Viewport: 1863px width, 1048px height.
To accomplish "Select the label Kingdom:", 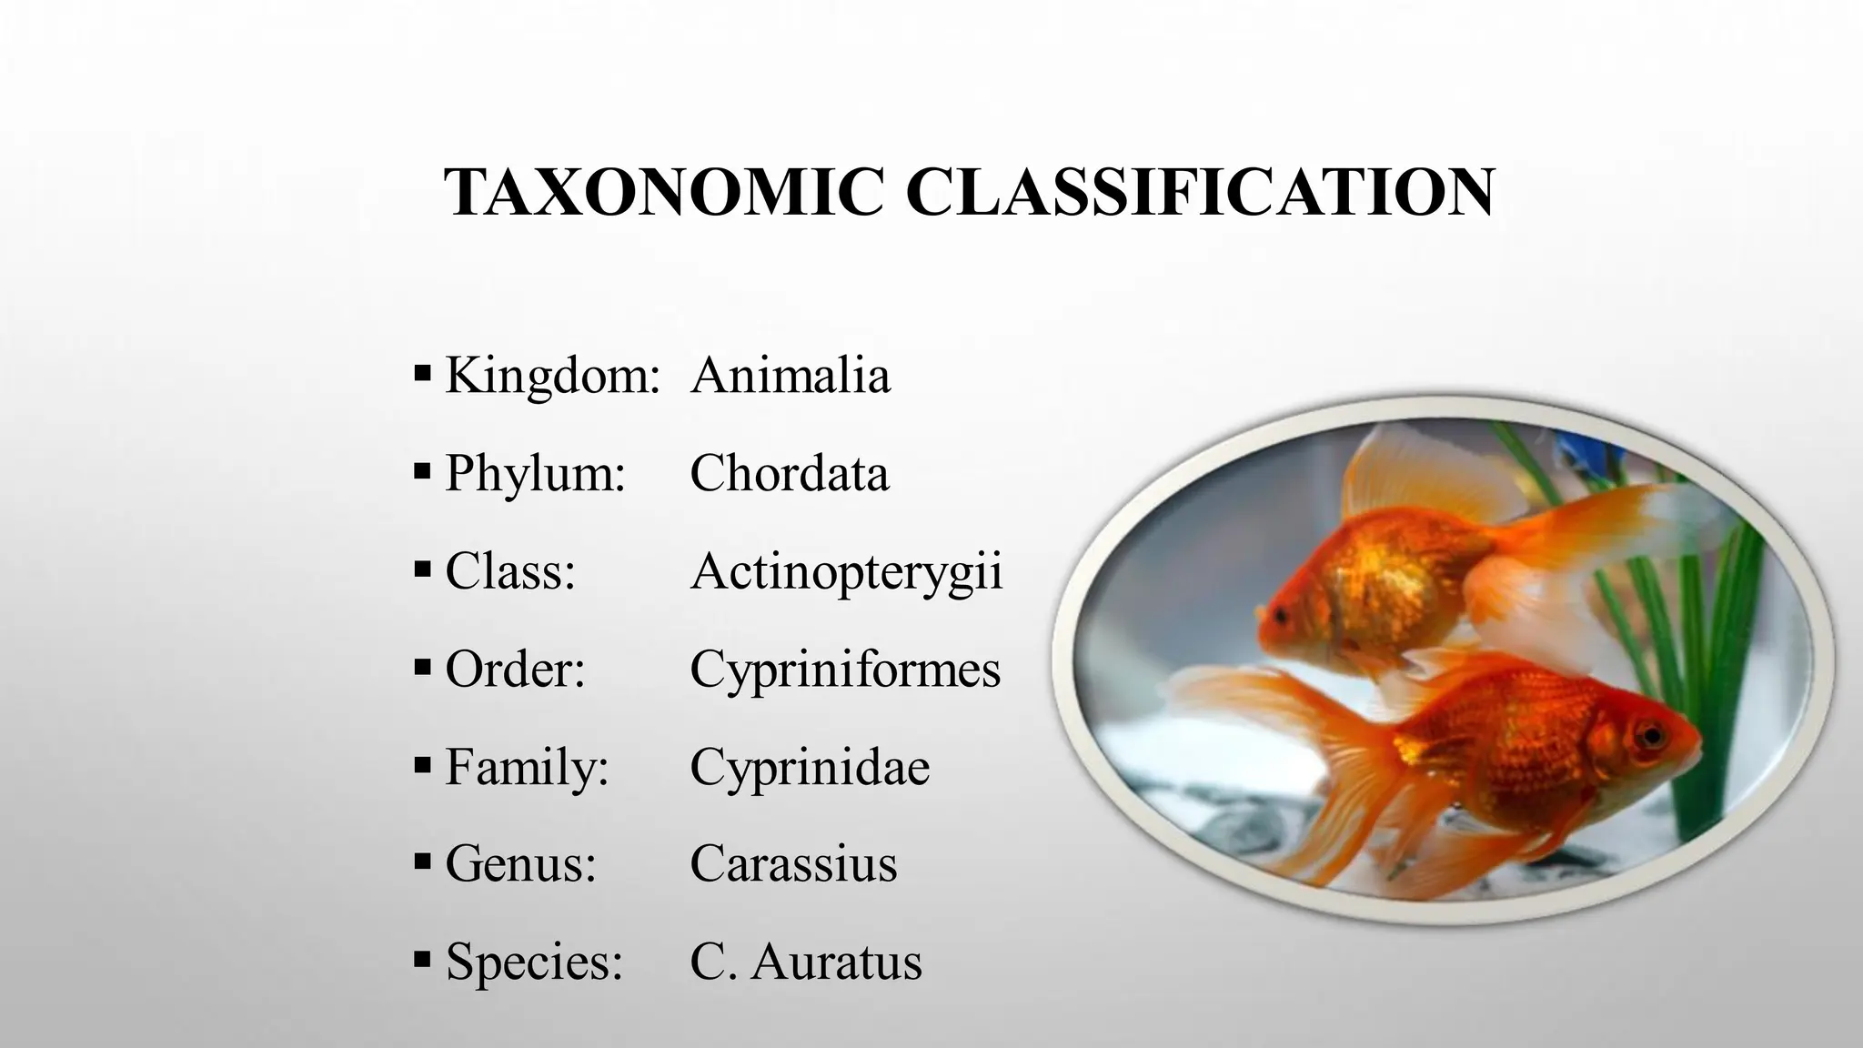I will (552, 375).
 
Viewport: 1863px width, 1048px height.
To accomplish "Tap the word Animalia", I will (790, 375).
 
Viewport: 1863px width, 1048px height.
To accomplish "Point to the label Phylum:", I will (536, 473).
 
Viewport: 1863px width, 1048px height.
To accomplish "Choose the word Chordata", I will (789, 473).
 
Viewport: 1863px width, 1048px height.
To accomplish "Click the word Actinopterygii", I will (846, 572).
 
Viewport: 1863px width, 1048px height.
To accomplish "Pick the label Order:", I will (515, 670).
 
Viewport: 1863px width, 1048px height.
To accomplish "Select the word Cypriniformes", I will (845, 670).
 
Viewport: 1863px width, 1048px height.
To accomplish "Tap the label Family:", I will (527, 767).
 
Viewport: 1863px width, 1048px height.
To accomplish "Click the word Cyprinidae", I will (810, 767).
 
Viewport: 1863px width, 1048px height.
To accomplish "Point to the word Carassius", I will (793, 863).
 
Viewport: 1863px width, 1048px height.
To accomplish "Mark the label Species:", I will (534, 961).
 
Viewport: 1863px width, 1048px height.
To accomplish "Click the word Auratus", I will (837, 961).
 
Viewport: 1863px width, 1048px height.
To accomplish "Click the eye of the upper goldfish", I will (1281, 617).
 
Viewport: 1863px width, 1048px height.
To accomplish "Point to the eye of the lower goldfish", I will (1648, 732).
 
